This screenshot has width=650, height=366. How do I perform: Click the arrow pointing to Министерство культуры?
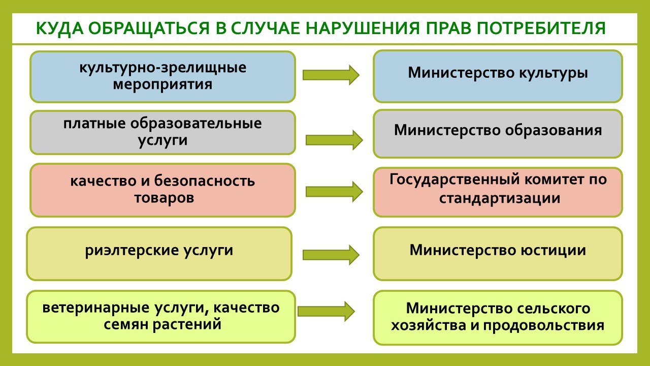(x=331, y=75)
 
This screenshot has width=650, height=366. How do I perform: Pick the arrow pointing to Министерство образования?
(x=334, y=140)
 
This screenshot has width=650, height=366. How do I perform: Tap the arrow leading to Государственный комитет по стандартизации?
(x=334, y=192)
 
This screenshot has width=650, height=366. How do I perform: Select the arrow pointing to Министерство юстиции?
(x=331, y=255)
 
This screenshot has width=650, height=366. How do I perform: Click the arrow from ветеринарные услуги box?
(x=326, y=312)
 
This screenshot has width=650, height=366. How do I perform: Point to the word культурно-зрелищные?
(x=163, y=68)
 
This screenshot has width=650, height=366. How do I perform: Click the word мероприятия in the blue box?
(x=162, y=85)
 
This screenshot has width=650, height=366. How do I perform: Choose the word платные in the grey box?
(x=94, y=124)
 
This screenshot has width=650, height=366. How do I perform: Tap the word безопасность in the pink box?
(x=204, y=180)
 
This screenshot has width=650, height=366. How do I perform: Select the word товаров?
(x=164, y=198)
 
